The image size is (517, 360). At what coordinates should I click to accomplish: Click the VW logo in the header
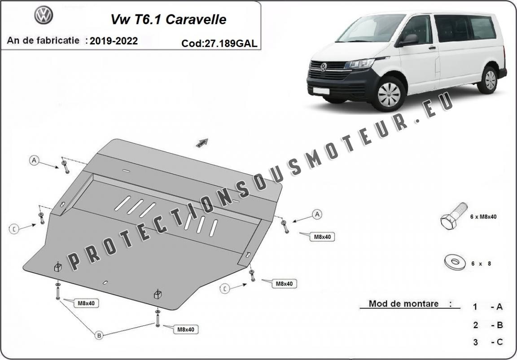44,15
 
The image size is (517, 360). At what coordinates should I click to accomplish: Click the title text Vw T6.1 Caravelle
168,19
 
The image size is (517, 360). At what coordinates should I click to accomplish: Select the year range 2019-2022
114,41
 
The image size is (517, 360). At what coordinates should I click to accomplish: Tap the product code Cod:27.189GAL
219,44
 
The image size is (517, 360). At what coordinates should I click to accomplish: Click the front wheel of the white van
389,94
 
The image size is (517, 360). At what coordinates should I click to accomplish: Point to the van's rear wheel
489,80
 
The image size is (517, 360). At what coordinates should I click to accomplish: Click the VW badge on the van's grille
324,67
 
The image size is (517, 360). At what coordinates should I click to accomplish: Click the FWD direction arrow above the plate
202,143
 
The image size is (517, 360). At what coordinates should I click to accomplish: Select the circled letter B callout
99,335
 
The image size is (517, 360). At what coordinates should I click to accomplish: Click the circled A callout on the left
34,161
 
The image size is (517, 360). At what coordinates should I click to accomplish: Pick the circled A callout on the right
317,215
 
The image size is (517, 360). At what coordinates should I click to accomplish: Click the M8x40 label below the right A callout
322,237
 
